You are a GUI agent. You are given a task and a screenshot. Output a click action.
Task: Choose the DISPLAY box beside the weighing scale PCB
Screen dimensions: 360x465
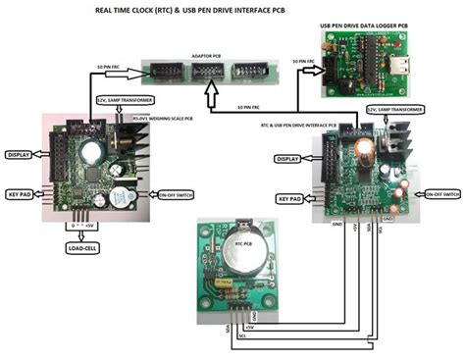(23, 154)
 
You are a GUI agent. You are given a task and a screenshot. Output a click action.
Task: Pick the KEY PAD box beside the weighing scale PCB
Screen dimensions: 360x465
(24, 194)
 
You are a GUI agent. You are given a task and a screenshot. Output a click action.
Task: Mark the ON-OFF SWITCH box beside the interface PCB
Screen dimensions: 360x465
(438, 195)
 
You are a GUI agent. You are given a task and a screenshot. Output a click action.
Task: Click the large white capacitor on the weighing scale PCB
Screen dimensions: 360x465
(93, 152)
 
